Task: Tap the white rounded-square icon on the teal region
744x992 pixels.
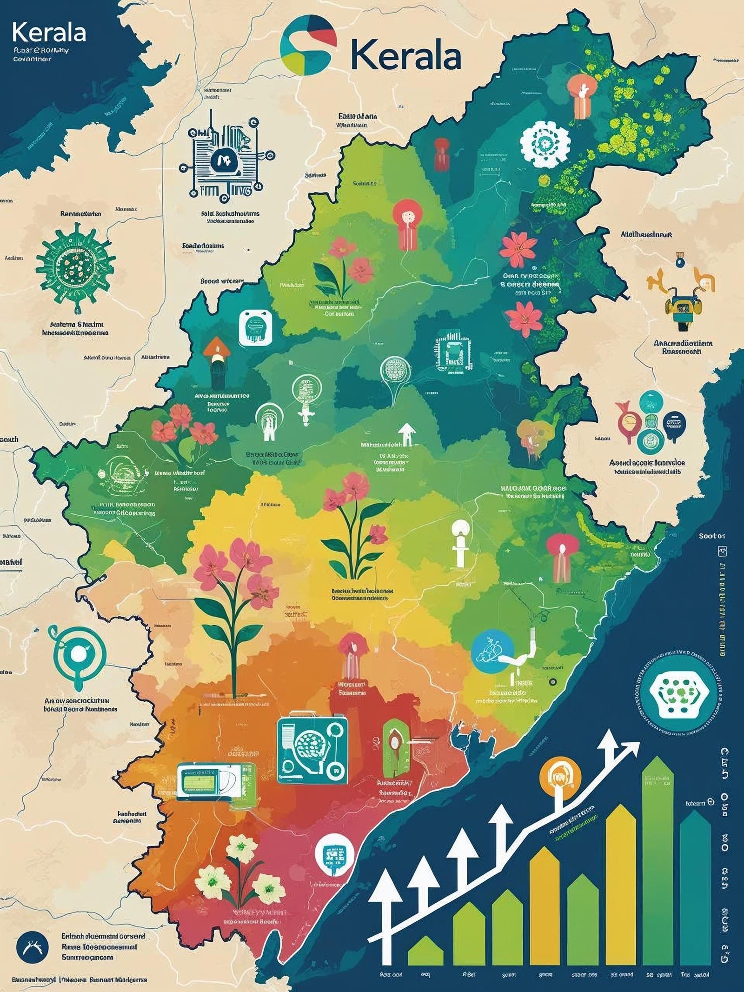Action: pos(255,328)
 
